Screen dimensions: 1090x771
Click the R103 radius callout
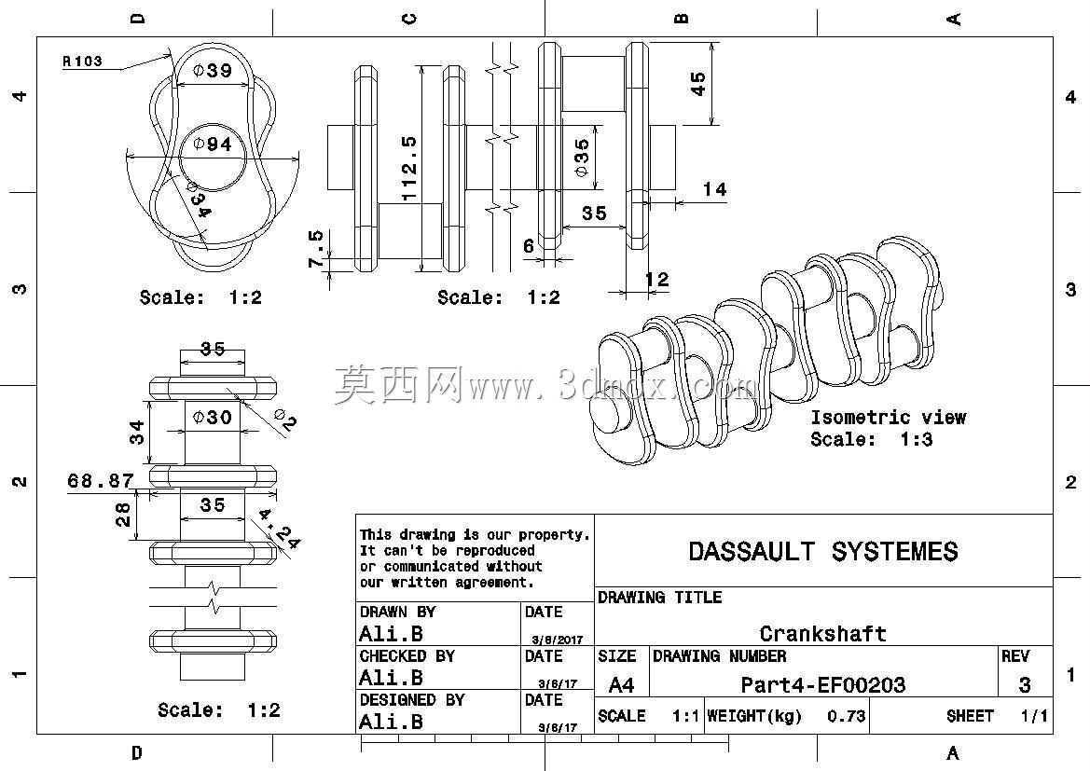(x=82, y=62)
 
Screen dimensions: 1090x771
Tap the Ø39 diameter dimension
(x=212, y=70)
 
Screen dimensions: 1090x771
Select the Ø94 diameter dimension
(x=212, y=144)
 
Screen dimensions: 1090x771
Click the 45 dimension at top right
(x=697, y=83)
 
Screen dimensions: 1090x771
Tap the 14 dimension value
(x=714, y=189)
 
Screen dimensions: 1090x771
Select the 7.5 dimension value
(x=315, y=248)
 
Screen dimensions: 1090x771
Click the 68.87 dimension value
(x=100, y=480)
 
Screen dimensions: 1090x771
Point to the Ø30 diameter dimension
(x=212, y=417)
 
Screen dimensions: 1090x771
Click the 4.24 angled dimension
(x=279, y=529)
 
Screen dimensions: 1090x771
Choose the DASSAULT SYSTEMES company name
(x=823, y=551)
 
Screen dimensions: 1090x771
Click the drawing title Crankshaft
(x=823, y=633)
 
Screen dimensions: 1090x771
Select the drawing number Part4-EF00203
(x=823, y=685)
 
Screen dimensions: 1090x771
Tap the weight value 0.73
(x=846, y=715)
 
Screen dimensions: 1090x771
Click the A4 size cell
(x=621, y=685)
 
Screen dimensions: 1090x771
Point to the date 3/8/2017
(x=558, y=639)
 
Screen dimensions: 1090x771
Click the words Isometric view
(x=889, y=417)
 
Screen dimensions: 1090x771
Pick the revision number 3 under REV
(x=1024, y=685)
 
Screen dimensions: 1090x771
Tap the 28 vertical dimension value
(x=122, y=515)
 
